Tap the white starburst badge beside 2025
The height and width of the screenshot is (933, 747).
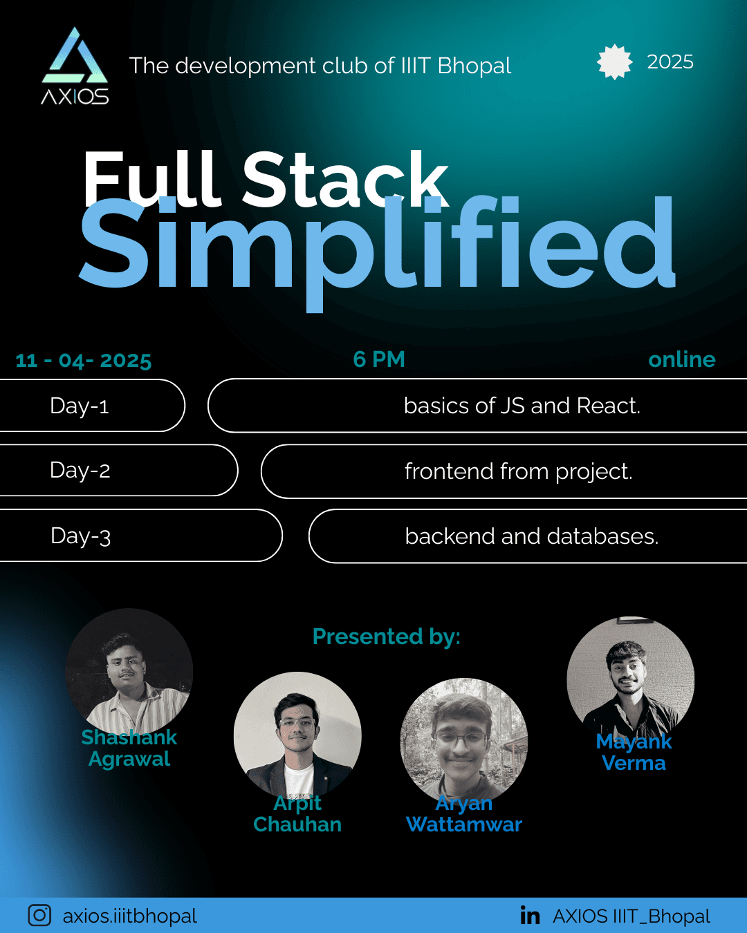pyautogui.click(x=615, y=62)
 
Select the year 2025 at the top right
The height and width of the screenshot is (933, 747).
pyautogui.click(x=670, y=62)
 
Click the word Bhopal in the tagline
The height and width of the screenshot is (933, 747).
pyautogui.click(x=474, y=66)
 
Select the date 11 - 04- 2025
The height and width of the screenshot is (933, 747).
pyautogui.click(x=83, y=361)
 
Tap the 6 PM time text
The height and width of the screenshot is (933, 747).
pyautogui.click(x=379, y=359)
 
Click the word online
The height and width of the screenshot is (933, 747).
pyautogui.click(x=681, y=360)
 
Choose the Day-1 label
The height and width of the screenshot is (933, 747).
pyautogui.click(x=80, y=406)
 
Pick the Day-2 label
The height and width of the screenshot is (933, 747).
pyautogui.click(x=80, y=471)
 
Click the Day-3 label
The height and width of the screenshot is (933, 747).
pyautogui.click(x=81, y=536)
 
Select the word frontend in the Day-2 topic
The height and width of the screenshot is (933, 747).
pyautogui.click(x=449, y=471)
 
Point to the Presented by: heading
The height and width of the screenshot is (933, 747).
pyautogui.click(x=387, y=637)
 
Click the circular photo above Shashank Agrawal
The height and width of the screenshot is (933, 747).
pyautogui.click(x=129, y=672)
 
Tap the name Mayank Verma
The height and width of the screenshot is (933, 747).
pyautogui.click(x=634, y=752)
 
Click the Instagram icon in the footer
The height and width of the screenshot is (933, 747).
pyautogui.click(x=39, y=915)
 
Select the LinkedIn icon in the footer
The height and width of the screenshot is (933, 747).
pyautogui.click(x=530, y=915)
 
